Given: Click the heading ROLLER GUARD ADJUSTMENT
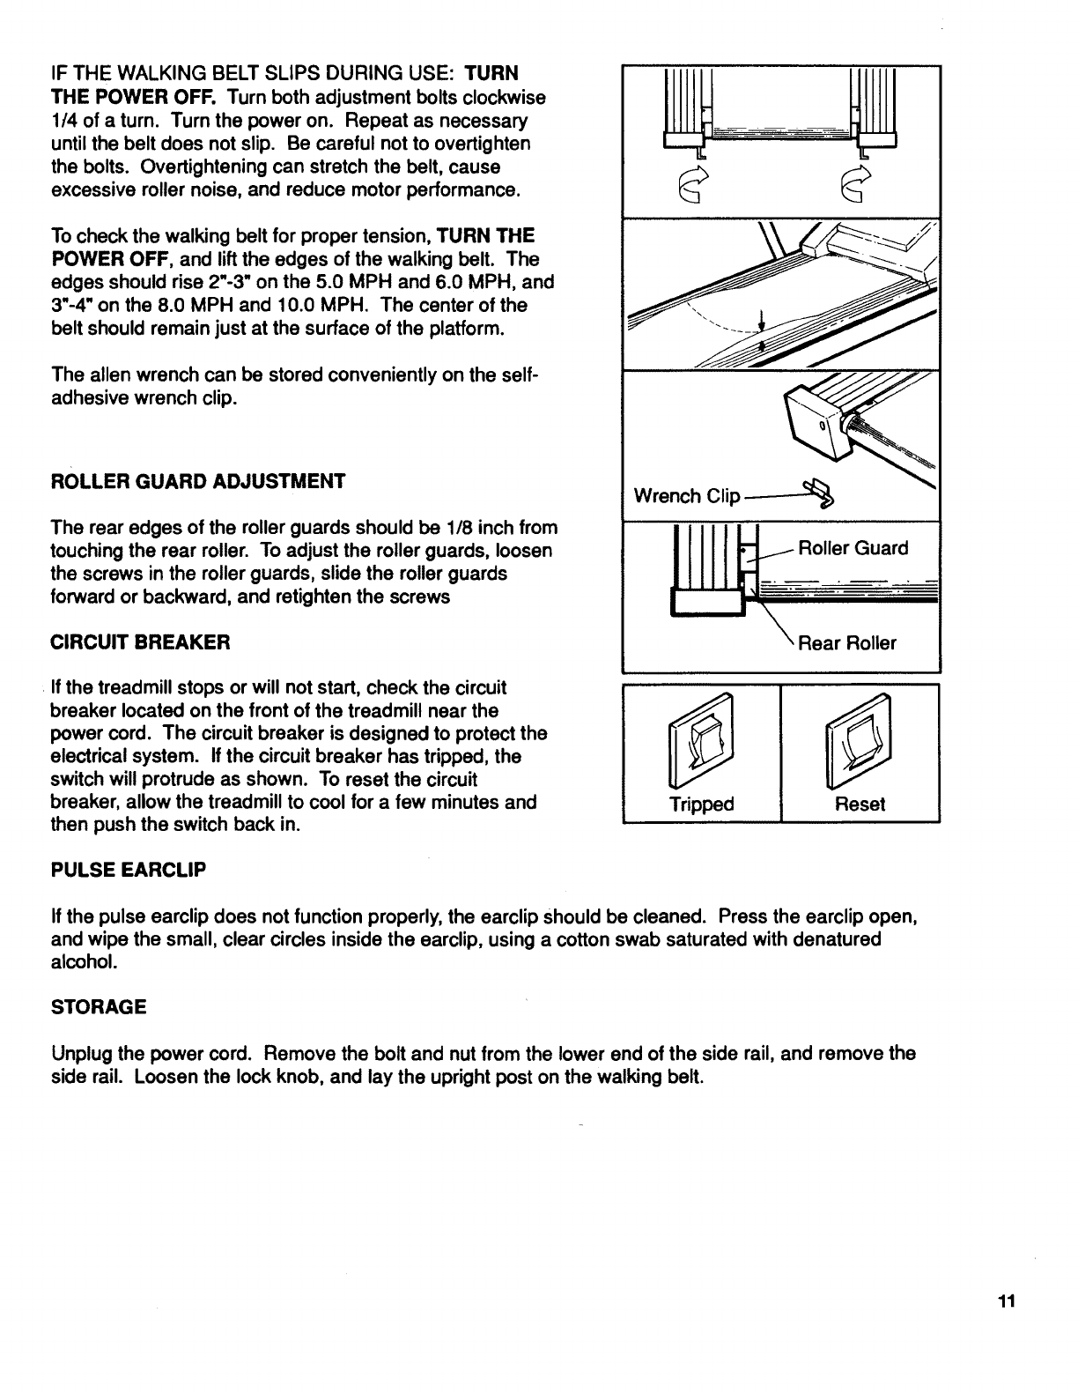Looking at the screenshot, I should point(198,481).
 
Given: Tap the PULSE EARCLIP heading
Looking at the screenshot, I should point(129,871).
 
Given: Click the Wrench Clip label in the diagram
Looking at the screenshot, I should point(688,496).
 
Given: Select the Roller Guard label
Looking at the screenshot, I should point(853,548).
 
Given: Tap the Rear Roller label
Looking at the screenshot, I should point(846,642).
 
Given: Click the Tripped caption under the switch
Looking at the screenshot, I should point(701,804).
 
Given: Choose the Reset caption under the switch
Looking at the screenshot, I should point(860,804).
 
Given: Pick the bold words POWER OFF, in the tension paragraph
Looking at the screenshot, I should point(115,259).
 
